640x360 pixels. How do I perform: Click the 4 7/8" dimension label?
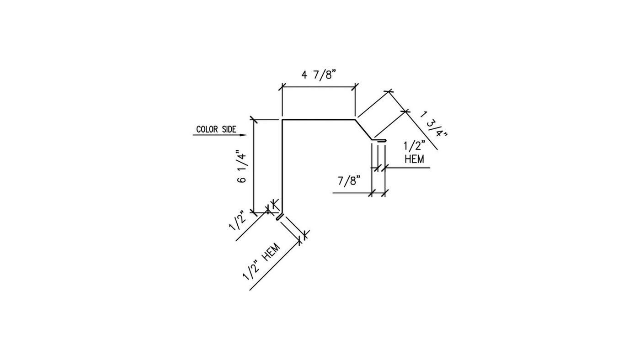pyautogui.click(x=318, y=75)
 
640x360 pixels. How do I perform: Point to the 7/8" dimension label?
pyautogui.click(x=349, y=181)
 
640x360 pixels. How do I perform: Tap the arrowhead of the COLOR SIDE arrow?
pyautogui.click(x=243, y=135)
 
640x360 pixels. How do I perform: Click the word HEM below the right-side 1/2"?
pyautogui.click(x=414, y=159)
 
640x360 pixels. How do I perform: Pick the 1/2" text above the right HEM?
pyautogui.click(x=414, y=146)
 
